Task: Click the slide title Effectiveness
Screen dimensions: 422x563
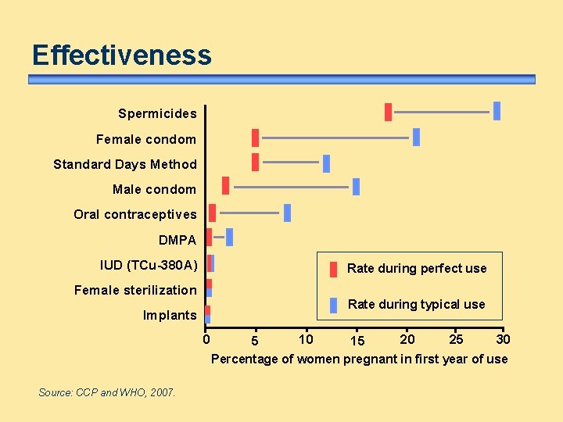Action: click(x=121, y=55)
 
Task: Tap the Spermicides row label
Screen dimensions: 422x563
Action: click(x=157, y=114)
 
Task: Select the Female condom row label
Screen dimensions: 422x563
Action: click(x=146, y=139)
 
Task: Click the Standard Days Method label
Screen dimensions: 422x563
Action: click(x=125, y=164)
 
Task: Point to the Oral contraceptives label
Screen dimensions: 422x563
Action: click(x=135, y=214)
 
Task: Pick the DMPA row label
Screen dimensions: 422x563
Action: click(x=178, y=240)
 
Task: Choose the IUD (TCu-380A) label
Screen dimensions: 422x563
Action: click(x=149, y=265)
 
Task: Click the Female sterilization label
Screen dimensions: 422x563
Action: click(x=135, y=290)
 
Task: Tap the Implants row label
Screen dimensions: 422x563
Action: click(x=170, y=315)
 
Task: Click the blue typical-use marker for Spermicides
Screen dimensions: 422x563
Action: click(x=497, y=111)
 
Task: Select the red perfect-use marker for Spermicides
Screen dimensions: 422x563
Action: click(x=388, y=112)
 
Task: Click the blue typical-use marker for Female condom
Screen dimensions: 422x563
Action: click(x=416, y=137)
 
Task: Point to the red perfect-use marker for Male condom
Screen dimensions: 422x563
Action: click(x=226, y=185)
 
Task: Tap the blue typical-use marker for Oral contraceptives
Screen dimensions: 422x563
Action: click(x=287, y=213)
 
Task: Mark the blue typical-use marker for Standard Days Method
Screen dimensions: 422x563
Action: click(x=326, y=163)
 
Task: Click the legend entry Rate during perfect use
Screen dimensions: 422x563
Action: click(x=416, y=268)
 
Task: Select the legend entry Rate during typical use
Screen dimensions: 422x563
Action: click(x=416, y=304)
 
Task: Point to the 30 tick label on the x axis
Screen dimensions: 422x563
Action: click(x=504, y=338)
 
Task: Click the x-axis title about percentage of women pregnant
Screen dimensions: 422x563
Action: click(x=359, y=359)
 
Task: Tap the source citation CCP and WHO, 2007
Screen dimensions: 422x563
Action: click(x=107, y=392)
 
